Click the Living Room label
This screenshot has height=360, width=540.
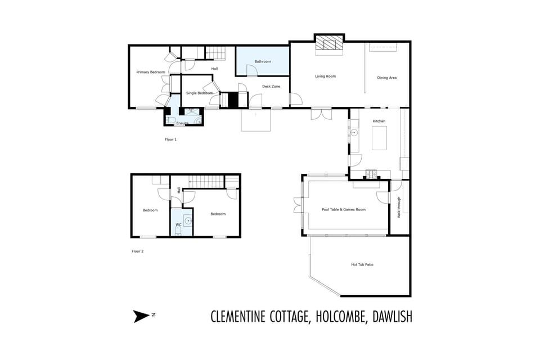pyautogui.click(x=325, y=76)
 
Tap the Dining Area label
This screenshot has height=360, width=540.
pyautogui.click(x=387, y=78)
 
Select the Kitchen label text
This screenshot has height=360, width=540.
pyautogui.click(x=380, y=121)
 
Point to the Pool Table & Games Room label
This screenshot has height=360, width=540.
pyautogui.click(x=344, y=210)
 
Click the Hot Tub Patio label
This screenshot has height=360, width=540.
pyautogui.click(x=362, y=264)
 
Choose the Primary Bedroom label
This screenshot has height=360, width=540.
pyautogui.click(x=151, y=72)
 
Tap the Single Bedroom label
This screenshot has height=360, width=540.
pyautogui.click(x=199, y=93)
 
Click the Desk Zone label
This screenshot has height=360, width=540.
pyautogui.click(x=271, y=87)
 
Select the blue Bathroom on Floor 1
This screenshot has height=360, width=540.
pyautogui.click(x=263, y=61)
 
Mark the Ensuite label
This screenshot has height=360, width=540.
pyautogui.click(x=182, y=123)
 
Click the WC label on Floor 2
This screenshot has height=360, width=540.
pyautogui.click(x=178, y=224)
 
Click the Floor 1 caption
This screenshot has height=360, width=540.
pyautogui.click(x=170, y=139)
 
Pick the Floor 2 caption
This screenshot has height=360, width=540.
pyautogui.click(x=138, y=251)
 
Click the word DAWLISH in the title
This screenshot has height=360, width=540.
pyautogui.click(x=392, y=317)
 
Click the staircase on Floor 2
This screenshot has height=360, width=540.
pyautogui.click(x=206, y=181)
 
